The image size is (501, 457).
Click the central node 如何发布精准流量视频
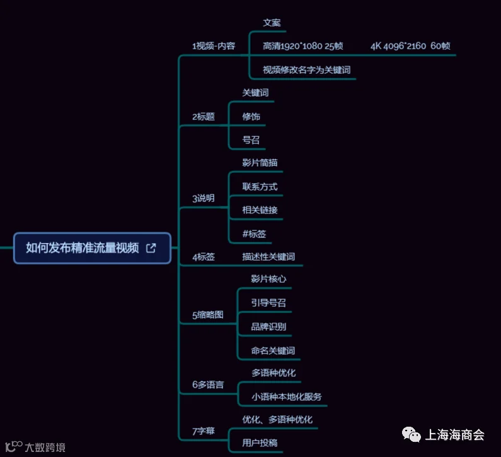click(x=92, y=248)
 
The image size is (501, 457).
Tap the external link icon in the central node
click(x=151, y=248)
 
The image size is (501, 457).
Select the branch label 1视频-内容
click(x=214, y=46)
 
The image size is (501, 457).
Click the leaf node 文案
click(x=272, y=23)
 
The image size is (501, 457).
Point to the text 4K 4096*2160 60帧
click(x=410, y=46)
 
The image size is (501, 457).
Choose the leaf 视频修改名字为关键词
click(x=306, y=70)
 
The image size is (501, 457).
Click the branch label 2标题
click(x=203, y=117)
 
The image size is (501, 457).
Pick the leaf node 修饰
click(x=251, y=117)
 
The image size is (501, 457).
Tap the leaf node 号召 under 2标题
click(x=251, y=140)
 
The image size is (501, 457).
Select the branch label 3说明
click(x=203, y=198)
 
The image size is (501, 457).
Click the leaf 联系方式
click(x=260, y=187)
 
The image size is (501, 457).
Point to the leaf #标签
click(x=254, y=234)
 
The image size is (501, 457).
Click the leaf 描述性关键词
click(x=268, y=257)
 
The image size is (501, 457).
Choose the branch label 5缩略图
click(x=208, y=315)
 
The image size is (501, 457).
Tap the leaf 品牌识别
click(x=268, y=326)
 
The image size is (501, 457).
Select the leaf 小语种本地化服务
click(x=286, y=397)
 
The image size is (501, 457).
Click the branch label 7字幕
click(x=203, y=431)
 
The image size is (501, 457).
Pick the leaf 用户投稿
click(x=260, y=443)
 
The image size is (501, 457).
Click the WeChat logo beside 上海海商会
click(x=412, y=435)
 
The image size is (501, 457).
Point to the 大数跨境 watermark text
click(x=45, y=447)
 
